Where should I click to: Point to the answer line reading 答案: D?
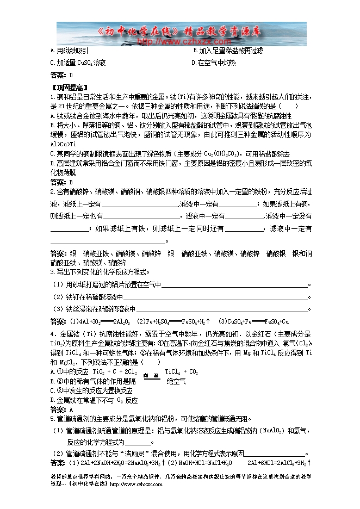coord(61,75)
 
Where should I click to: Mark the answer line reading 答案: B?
coord(61,182)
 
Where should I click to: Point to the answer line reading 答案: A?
coord(61,409)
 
